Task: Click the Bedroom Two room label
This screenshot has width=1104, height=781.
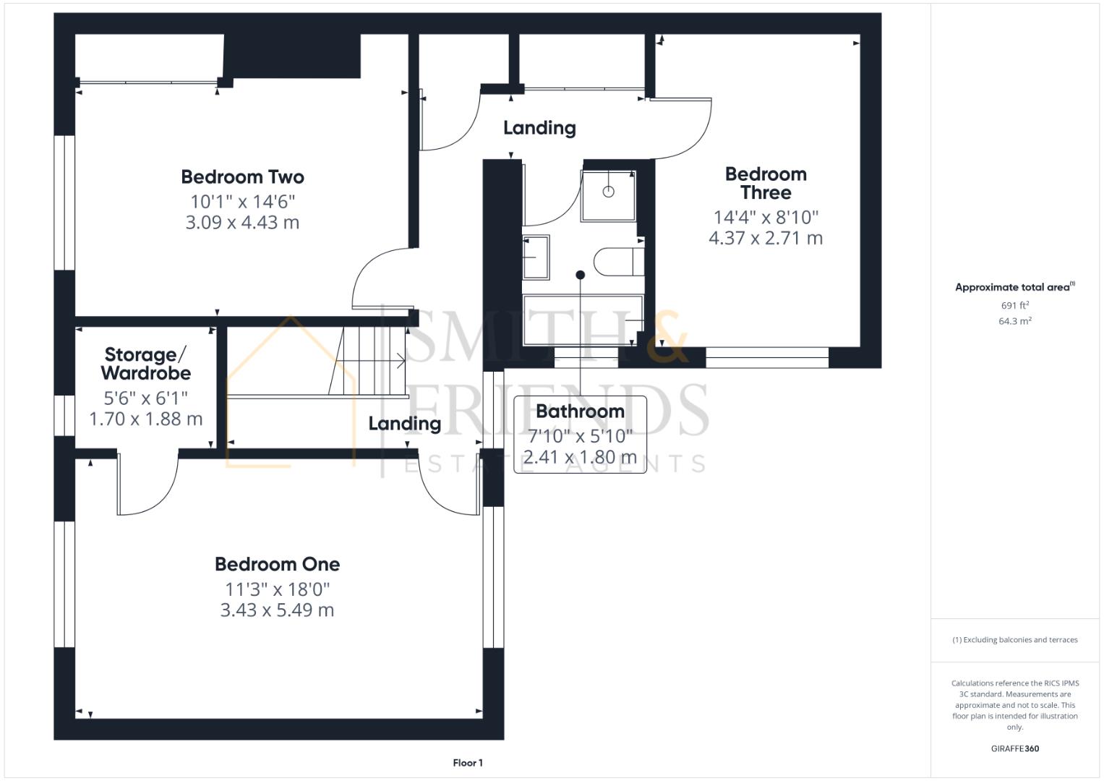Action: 242,177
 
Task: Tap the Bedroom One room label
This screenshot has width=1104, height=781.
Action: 277,564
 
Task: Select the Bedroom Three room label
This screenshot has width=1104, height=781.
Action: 766,184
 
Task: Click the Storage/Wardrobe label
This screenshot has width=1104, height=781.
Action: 146,364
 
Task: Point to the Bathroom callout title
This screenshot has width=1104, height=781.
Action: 580,411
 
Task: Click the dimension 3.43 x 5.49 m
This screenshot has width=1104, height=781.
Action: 277,610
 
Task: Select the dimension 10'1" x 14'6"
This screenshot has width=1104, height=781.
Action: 242,201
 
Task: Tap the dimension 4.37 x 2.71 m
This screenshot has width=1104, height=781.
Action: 766,238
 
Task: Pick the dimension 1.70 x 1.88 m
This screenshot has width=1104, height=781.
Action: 146,419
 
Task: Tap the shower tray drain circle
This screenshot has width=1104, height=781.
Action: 608,192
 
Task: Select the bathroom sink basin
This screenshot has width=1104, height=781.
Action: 536,257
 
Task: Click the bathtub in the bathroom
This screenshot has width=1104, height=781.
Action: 582,320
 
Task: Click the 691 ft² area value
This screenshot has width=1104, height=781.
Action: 1014,305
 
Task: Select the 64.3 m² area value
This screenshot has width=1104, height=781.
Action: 1014,321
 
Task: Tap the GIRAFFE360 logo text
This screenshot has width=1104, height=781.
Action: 1014,748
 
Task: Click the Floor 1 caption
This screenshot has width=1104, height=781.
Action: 468,763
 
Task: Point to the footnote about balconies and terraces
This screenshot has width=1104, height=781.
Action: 1014,640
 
